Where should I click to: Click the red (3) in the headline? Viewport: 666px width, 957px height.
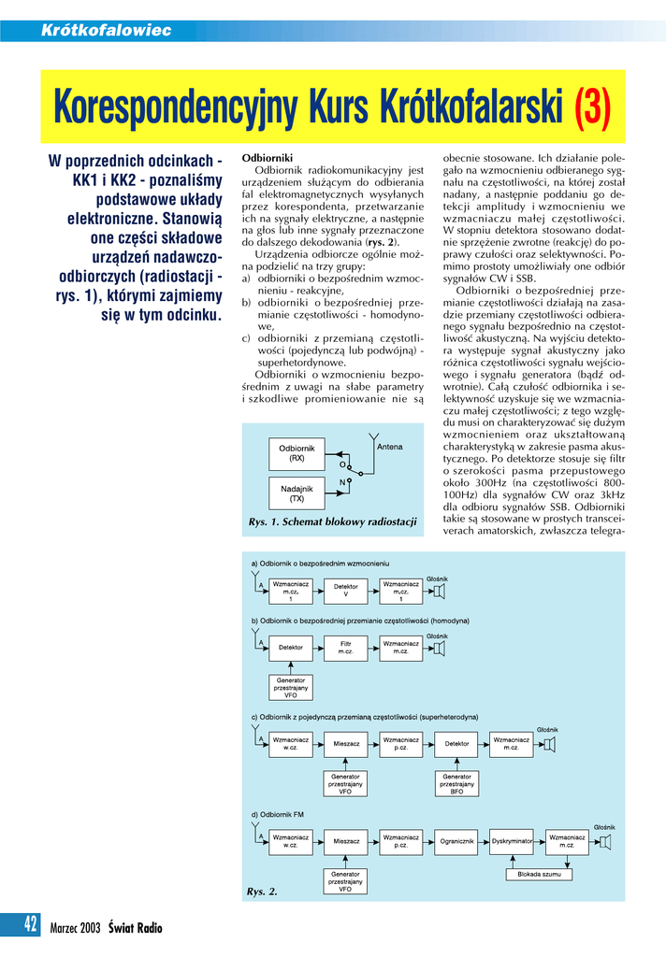[591, 109]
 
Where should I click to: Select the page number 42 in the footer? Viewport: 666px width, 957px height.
[31, 925]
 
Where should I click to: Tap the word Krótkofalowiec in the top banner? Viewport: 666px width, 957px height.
[107, 31]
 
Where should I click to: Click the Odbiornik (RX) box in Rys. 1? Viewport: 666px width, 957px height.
[297, 453]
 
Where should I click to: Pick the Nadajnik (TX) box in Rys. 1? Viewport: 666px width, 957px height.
[297, 493]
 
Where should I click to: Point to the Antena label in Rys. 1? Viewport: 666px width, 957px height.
[389, 448]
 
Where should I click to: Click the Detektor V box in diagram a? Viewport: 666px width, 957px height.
[346, 591]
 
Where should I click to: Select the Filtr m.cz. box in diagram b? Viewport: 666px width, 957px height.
[346, 647]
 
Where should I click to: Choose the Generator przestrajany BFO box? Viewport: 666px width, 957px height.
[456, 783]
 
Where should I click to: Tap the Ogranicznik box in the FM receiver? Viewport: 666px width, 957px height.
[457, 841]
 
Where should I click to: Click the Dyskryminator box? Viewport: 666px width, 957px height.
[512, 841]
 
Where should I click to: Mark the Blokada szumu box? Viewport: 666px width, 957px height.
[539, 875]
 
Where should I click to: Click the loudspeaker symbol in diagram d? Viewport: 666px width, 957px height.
[605, 842]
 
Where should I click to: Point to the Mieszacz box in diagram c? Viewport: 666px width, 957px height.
[346, 744]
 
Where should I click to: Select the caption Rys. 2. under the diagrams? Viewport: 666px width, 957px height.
[262, 893]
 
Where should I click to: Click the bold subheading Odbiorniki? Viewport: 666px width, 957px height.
[268, 158]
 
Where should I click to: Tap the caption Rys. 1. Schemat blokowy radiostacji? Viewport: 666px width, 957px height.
[332, 521]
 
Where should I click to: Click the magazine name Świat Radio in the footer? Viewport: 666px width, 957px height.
[135, 928]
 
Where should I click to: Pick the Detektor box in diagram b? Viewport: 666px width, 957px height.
[291, 647]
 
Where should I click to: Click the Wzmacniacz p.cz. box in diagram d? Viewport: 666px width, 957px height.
[401, 841]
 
